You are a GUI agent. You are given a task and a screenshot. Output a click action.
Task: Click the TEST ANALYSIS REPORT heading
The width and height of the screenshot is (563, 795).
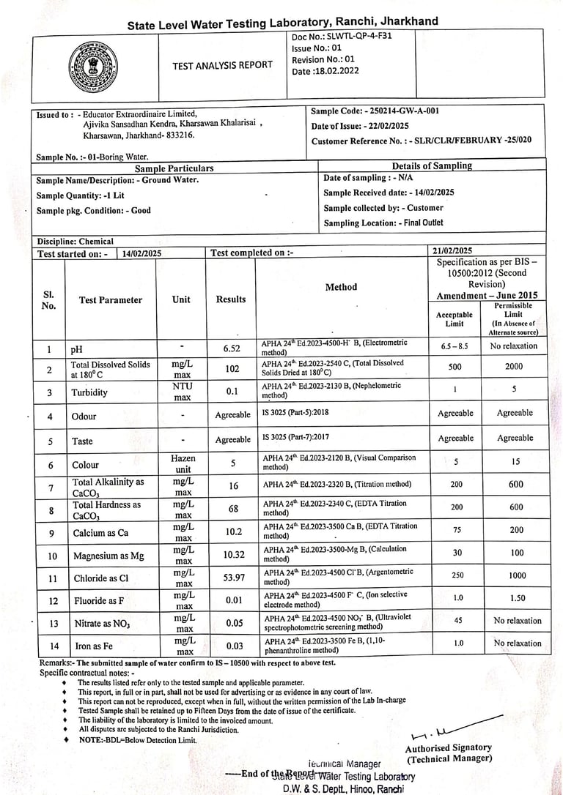pos(222,66)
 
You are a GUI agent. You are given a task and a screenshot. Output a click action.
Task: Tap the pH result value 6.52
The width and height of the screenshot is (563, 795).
pos(232,349)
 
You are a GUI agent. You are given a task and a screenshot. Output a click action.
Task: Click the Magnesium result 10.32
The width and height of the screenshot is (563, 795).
pos(232,556)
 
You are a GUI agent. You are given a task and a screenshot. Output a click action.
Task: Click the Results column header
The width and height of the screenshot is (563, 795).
pos(231,299)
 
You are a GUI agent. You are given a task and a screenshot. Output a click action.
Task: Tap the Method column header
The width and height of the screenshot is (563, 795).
pos(341,287)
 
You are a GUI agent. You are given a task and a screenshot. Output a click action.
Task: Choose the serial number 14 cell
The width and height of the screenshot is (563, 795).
pos(50,646)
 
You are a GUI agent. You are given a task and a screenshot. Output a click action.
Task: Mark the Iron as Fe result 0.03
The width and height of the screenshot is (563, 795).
pos(232,646)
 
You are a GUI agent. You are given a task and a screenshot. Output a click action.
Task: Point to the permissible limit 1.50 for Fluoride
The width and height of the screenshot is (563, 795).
pos(517,598)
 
